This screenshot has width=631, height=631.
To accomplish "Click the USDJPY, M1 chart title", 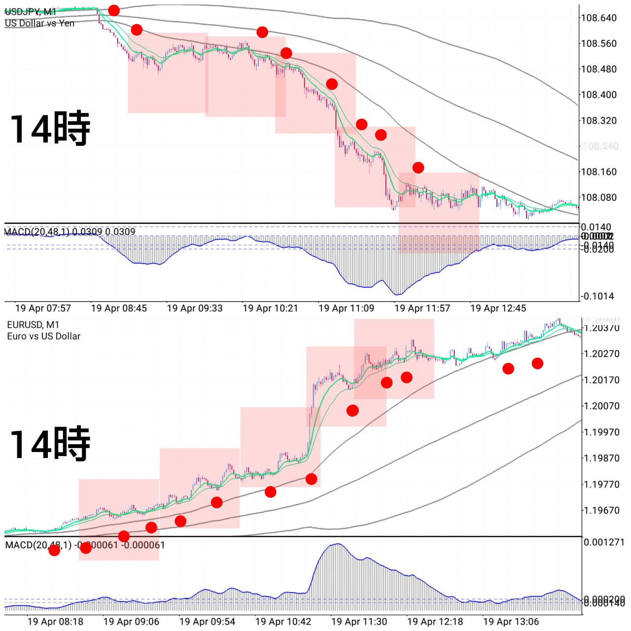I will coord(31,12).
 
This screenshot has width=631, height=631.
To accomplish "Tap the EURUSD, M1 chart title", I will coord(33,325).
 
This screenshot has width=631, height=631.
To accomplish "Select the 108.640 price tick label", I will coord(598,18).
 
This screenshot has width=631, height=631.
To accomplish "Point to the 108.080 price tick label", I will coord(598,197).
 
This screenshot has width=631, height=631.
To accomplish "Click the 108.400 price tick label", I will coord(598,95).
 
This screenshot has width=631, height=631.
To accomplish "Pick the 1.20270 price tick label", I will coord(601,353).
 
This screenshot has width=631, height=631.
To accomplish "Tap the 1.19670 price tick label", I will coord(601,510).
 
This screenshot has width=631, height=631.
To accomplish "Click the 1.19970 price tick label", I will coord(601,432).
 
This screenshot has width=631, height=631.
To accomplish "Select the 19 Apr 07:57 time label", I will coord(43,308).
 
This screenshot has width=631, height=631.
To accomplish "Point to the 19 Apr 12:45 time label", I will coord(498,308).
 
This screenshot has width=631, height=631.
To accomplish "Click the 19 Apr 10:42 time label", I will coord(283,621).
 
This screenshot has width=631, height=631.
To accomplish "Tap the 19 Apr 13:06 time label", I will coord(511,621).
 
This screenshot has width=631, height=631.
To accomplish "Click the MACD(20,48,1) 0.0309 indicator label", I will coord(70,232).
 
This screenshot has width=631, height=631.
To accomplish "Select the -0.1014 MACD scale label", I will coord(597,296).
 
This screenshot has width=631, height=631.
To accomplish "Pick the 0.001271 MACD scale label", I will coord(604,542).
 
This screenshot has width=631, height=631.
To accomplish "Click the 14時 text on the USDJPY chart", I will coord(50,129).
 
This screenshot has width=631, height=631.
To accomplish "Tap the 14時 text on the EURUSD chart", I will coord(50,444).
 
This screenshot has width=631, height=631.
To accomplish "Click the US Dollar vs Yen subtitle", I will coord(39,23).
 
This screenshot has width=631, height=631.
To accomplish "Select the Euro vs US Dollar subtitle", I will coord(43,336).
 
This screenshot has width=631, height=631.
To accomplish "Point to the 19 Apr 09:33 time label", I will coord(195,308).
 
